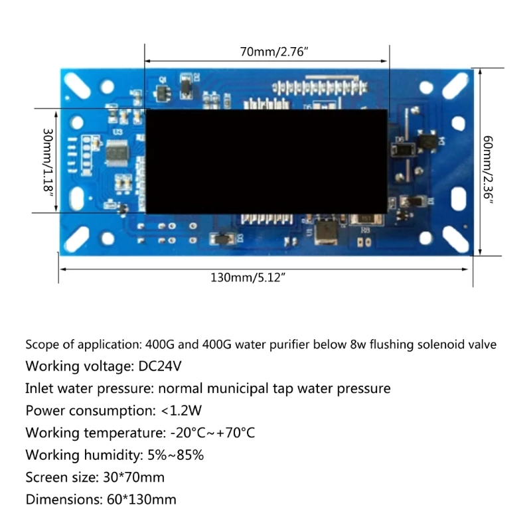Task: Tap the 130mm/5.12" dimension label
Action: [248, 277]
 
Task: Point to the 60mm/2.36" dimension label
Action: [487, 169]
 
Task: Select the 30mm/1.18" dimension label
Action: [47, 161]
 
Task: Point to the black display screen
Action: [265, 161]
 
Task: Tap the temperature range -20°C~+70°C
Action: [212, 433]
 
